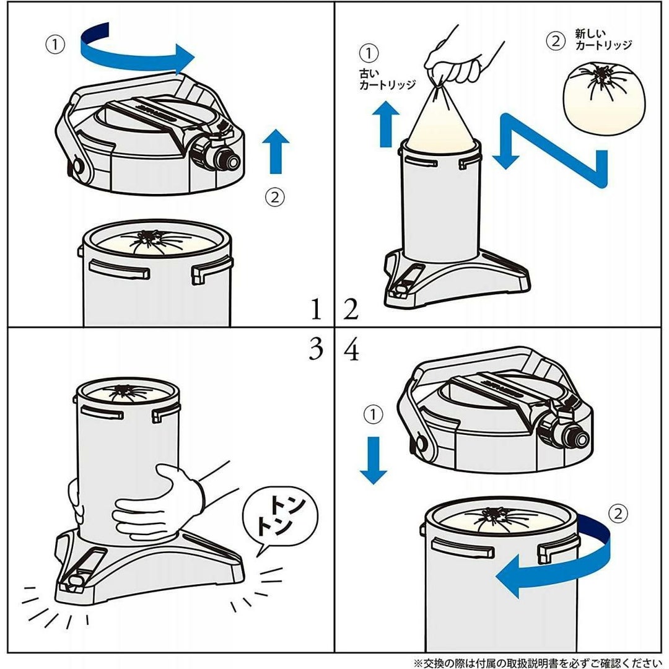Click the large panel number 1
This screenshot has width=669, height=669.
(316, 309)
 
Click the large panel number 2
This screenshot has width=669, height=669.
(351, 309)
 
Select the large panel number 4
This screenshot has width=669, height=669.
(351, 350)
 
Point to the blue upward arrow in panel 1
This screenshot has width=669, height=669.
(276, 152)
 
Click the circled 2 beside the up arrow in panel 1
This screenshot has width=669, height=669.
(275, 197)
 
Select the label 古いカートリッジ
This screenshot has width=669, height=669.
(387, 79)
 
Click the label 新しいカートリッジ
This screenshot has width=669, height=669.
(603, 40)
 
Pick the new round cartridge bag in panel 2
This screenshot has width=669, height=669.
(604, 98)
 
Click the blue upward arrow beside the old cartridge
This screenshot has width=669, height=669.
(386, 124)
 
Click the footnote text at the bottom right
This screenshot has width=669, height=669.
(538, 662)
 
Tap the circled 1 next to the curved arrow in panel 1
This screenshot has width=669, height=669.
(56, 45)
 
